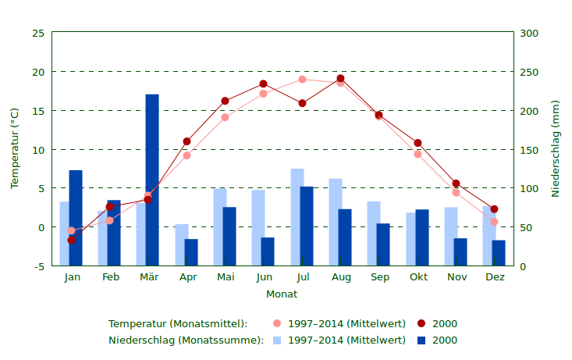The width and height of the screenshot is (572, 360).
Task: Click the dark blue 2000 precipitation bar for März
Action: (x=152, y=180)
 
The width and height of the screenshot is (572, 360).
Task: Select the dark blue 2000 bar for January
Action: (x=76, y=218)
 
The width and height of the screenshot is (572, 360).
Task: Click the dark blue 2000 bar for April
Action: (x=191, y=252)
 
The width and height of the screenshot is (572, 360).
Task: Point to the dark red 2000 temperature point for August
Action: (x=340, y=79)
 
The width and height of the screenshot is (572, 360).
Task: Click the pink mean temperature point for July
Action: (x=302, y=79)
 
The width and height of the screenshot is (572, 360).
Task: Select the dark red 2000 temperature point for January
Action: (x=71, y=240)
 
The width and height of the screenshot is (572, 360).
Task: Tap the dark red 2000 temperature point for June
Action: (x=263, y=84)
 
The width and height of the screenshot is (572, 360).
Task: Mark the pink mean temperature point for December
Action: (x=494, y=222)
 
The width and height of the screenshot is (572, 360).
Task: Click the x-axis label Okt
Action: (x=419, y=277)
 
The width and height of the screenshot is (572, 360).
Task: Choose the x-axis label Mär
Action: (x=149, y=277)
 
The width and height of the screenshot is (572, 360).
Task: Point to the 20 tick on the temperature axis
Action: (x=37, y=72)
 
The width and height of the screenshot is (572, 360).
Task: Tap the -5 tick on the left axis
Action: (x=37, y=266)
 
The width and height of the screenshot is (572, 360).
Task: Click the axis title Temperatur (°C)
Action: (x=14, y=148)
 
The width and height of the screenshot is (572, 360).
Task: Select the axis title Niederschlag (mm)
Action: (x=556, y=148)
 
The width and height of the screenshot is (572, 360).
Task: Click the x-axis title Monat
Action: (x=282, y=294)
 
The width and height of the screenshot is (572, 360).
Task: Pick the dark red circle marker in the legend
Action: (x=421, y=323)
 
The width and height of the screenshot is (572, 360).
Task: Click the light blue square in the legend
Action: (x=277, y=340)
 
